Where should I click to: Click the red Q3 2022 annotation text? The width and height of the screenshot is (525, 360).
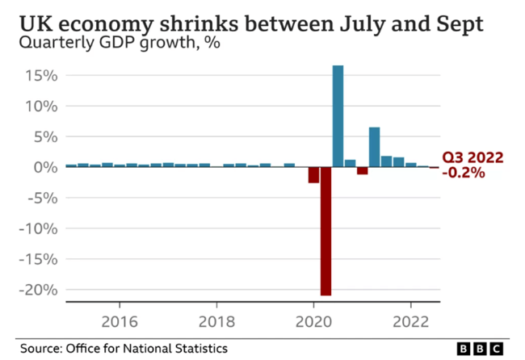tap(472, 158)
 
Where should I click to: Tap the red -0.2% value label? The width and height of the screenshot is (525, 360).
tap(464, 173)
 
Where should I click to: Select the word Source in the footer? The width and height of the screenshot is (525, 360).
tap(42, 349)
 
